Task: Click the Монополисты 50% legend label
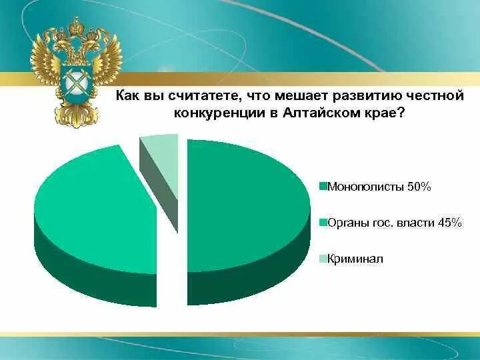click(x=379, y=187)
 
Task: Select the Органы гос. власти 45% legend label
click(x=395, y=222)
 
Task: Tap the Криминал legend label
click(x=355, y=259)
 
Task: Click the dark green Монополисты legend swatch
click(x=323, y=187)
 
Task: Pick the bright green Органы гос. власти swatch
click(x=323, y=222)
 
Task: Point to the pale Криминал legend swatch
click(x=323, y=259)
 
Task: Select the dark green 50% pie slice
click(x=247, y=200)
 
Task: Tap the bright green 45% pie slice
click(x=93, y=207)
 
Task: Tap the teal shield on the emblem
click(x=75, y=83)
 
